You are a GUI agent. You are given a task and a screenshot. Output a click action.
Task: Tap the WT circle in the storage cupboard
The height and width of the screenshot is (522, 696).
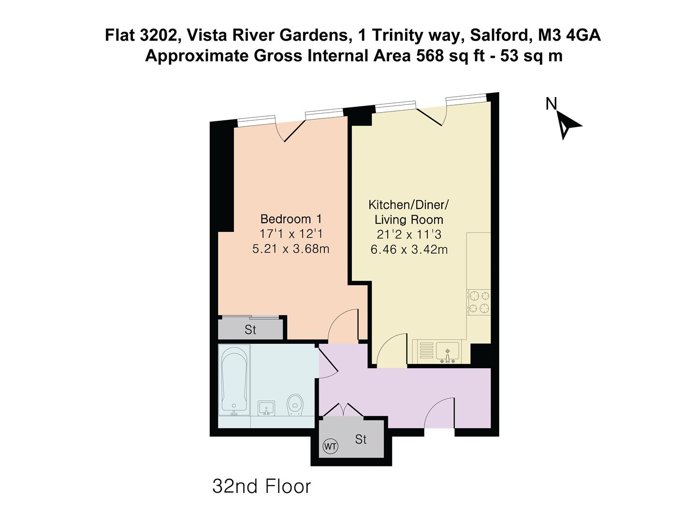click(330, 446)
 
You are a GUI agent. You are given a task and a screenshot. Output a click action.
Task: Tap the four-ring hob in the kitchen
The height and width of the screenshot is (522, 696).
click(479, 302)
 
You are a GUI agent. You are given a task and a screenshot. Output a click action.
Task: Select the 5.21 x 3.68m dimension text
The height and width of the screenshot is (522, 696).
click(291, 249)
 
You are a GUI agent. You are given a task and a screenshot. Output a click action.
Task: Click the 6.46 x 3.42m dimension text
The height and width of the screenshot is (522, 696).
click(409, 249)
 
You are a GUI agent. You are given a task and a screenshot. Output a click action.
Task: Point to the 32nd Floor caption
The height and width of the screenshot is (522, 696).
click(261, 486)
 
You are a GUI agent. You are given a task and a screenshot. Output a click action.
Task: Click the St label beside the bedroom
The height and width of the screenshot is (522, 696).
click(250, 330)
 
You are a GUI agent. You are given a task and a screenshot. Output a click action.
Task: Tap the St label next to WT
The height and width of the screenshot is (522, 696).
click(361, 439)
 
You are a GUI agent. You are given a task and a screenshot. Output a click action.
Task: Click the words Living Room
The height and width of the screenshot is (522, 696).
click(409, 219)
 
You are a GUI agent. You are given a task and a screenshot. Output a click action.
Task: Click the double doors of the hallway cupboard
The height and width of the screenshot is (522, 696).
click(343, 410)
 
